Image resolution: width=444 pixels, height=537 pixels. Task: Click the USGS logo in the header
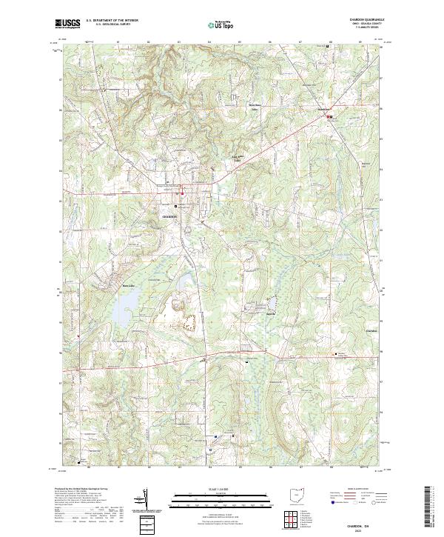[68, 24]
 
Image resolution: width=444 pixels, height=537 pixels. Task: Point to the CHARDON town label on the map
[170, 216]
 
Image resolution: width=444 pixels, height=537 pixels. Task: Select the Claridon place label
[371, 330]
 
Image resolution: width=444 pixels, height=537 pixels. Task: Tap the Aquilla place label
[271, 313]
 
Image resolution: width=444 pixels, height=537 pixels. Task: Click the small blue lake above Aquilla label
[271, 302]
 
